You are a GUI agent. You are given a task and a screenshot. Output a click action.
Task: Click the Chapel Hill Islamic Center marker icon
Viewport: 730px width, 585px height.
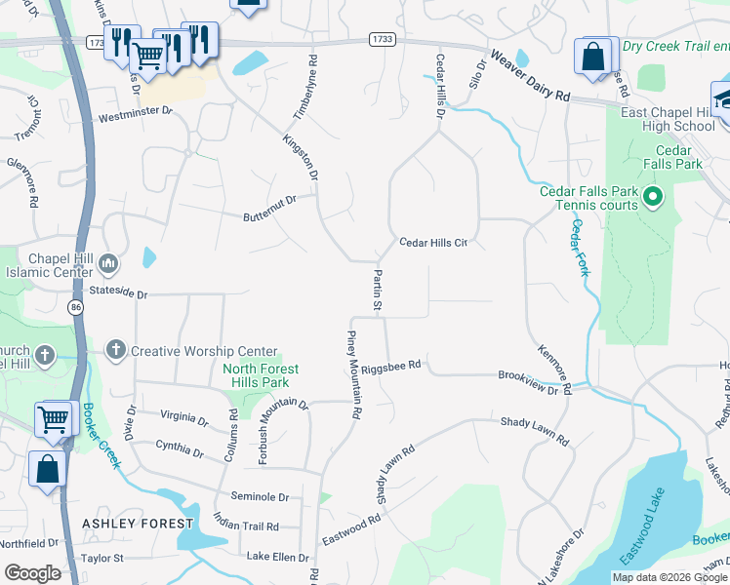[108, 263]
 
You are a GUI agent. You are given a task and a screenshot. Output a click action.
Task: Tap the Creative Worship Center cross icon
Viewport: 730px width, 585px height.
[116, 351]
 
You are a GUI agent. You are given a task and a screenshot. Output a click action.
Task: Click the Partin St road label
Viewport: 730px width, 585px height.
[377, 291]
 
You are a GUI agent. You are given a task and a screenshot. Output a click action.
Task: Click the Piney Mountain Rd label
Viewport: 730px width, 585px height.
[353, 375]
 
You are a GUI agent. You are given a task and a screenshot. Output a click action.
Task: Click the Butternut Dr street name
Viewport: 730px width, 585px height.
[270, 208]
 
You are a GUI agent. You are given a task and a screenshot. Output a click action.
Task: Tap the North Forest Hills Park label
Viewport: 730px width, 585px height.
[261, 375]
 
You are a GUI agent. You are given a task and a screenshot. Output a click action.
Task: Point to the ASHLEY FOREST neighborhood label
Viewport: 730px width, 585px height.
[138, 524]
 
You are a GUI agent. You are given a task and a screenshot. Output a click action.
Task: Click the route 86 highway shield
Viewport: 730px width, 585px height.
[75, 307]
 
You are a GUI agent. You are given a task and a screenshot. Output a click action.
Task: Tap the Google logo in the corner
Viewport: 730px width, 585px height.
[32, 572]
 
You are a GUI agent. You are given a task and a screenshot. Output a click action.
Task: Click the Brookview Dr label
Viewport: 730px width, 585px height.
[534, 381]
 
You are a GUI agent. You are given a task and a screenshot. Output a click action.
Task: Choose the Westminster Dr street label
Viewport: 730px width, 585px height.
[135, 116]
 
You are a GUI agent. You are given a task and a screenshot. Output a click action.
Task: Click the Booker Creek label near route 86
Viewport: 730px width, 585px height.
[101, 436]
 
